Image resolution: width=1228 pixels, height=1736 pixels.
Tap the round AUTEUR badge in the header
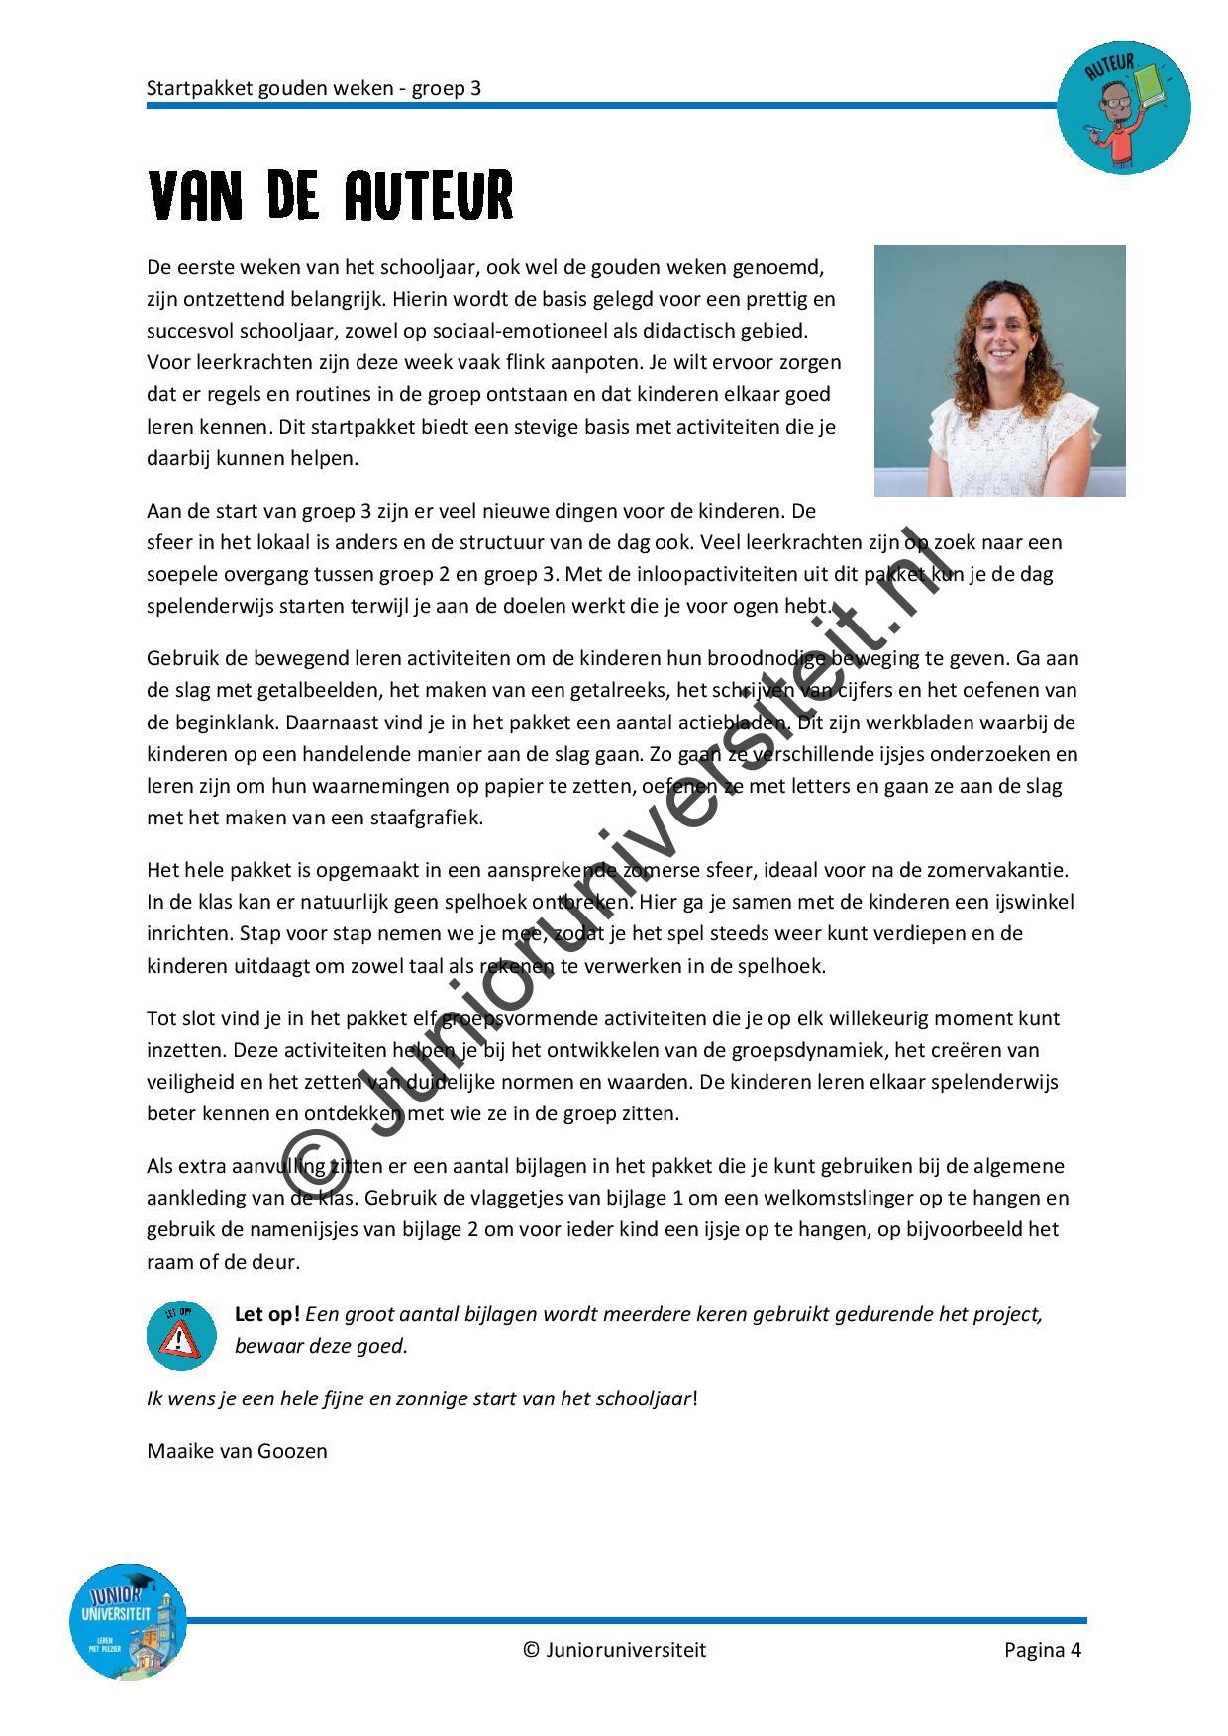tap(1123, 107)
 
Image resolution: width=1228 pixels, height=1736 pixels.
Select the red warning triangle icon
tap(180, 1338)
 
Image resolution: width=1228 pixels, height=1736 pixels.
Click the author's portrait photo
tap(999, 370)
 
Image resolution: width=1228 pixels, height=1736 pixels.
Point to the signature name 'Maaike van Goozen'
tap(237, 1451)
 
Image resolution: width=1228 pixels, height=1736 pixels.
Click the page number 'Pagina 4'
tap(1042, 1649)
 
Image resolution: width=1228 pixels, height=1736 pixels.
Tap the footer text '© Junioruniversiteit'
tap(614, 1649)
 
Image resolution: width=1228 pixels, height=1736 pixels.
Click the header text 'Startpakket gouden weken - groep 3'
tap(314, 88)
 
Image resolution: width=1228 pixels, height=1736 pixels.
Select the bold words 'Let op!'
tap(266, 1314)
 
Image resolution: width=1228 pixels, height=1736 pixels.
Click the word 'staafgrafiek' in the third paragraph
tap(433, 818)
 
